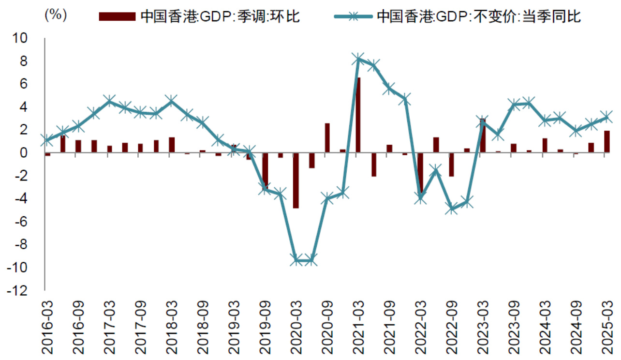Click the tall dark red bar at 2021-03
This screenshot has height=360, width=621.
[x=358, y=115]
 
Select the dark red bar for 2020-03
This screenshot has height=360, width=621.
[x=296, y=180]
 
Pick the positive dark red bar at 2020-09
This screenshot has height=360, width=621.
[x=327, y=138]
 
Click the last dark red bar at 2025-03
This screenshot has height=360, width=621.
[x=606, y=142]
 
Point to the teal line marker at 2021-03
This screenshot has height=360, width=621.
[x=358, y=59]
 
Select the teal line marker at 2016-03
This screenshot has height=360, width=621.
[x=47, y=140]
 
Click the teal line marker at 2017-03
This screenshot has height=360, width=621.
[x=109, y=101]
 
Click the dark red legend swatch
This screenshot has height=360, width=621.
[x=117, y=16]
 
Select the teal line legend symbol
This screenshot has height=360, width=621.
[x=353, y=16]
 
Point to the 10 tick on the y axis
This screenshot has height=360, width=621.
[x=27, y=38]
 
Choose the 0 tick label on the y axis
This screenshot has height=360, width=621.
[x=30, y=153]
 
